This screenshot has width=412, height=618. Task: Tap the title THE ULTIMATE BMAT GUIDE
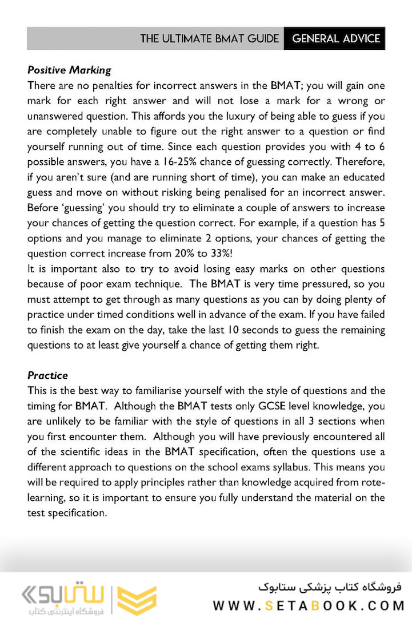click(x=210, y=39)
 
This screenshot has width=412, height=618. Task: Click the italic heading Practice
click(x=47, y=375)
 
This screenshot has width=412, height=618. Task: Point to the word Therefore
click(x=359, y=163)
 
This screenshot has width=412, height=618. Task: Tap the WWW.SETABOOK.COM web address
click(x=309, y=605)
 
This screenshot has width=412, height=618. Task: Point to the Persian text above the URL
click(x=330, y=587)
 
